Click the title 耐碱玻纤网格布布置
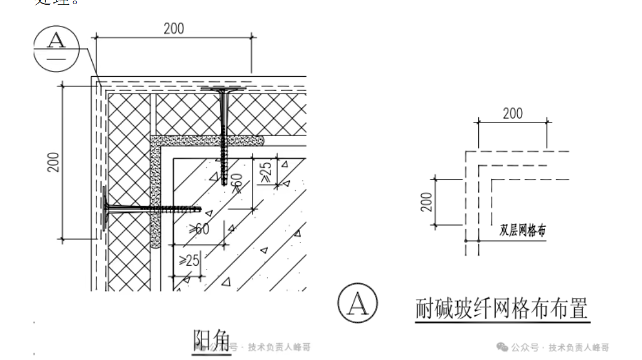tap(502, 310)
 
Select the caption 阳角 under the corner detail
tap(211, 341)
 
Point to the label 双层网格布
tap(522, 230)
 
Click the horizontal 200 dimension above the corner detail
tap(174, 28)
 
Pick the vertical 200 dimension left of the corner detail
tap(53, 162)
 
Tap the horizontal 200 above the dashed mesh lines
tap(512, 113)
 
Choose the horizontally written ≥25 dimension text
tap(189, 260)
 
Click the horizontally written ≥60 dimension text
tap(199, 229)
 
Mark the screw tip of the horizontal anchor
tap(198, 210)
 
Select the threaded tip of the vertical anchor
tap(224, 181)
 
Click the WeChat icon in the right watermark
tap(501, 347)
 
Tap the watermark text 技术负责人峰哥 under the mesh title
tap(578, 347)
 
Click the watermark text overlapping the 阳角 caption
tap(278, 347)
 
